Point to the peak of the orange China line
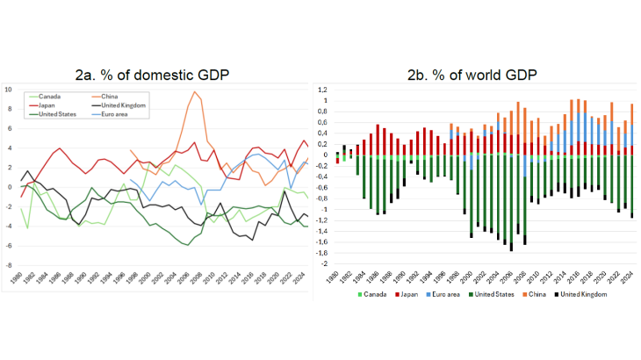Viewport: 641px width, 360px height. [x=193, y=91]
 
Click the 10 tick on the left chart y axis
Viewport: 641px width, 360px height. [x=9, y=90]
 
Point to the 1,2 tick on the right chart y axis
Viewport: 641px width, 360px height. [x=322, y=90]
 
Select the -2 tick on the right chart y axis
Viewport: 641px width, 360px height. [x=324, y=264]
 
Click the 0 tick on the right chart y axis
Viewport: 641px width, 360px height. [x=326, y=155]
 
